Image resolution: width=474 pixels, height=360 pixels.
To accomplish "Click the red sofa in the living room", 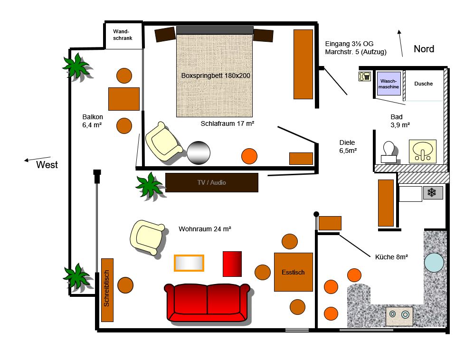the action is pyautogui.click(x=207, y=303).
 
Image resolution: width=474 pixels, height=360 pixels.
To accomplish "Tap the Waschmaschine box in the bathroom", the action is pyautogui.click(x=389, y=84).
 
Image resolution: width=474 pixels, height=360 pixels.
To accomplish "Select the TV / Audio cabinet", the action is pyautogui.click(x=212, y=182).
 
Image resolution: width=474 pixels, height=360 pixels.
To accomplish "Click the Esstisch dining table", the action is pyautogui.click(x=293, y=272).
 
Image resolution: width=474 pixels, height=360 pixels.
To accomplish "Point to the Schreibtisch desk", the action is pyautogui.click(x=107, y=290).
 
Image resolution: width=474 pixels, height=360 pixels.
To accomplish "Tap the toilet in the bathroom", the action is pyautogui.click(x=389, y=152).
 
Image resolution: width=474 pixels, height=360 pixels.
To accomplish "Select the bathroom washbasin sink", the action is pyautogui.click(x=423, y=151).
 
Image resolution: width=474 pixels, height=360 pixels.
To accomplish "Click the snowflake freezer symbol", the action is pyautogui.click(x=433, y=192).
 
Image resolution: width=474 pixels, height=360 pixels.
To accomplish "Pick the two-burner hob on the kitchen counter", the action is pyautogui.click(x=399, y=316).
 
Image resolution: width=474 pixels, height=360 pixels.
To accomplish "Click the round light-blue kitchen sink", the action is pyautogui.click(x=434, y=262).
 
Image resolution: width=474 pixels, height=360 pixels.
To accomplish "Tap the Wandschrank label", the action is pyautogui.click(x=123, y=35).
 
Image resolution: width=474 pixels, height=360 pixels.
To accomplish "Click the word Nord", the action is pyautogui.click(x=424, y=49).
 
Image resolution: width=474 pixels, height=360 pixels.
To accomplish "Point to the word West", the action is pyautogui.click(x=47, y=165).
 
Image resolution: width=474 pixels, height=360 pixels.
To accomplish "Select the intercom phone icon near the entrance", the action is pyautogui.click(x=365, y=76).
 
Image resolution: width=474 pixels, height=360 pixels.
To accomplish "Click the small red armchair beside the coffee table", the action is pyautogui.click(x=232, y=264).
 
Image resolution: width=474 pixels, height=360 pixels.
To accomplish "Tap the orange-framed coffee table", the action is pyautogui.click(x=189, y=263).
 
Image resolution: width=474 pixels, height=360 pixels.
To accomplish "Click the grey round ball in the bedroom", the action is pyautogui.click(x=199, y=152).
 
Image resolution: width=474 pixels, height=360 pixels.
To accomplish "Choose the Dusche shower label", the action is pyautogui.click(x=424, y=84).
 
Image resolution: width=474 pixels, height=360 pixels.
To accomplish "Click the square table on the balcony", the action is pyautogui.click(x=124, y=99).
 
